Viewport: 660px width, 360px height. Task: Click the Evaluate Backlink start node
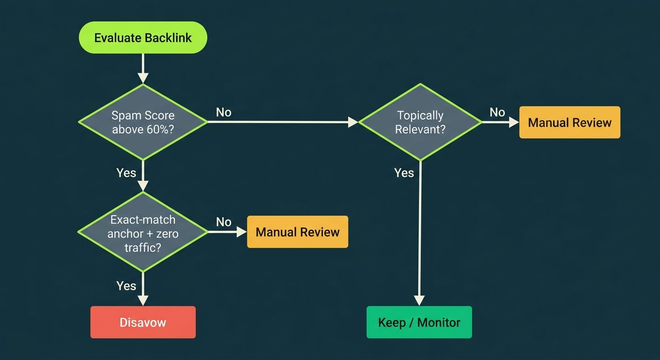[x=143, y=37]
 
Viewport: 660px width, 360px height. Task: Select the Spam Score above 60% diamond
[x=143, y=122]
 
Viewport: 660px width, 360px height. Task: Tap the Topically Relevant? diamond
[x=420, y=122]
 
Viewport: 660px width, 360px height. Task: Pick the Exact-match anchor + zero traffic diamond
[x=143, y=232]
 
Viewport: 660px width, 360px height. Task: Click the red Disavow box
[x=143, y=322]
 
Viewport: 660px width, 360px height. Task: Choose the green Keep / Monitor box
[x=419, y=322]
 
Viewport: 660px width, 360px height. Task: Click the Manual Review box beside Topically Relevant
[x=570, y=122]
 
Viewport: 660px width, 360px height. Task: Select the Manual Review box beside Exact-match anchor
[x=297, y=232]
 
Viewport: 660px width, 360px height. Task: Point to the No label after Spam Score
[x=224, y=112]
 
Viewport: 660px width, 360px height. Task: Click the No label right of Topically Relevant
[x=497, y=112]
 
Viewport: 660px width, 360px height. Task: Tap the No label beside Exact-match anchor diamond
[x=224, y=222]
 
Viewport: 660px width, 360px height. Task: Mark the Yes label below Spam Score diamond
[x=126, y=172]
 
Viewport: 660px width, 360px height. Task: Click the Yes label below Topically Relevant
[x=404, y=172]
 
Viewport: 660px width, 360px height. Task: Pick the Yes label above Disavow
[x=126, y=285]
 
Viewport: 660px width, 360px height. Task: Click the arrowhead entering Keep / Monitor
[x=419, y=300]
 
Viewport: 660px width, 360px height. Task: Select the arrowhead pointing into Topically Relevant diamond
[x=353, y=122]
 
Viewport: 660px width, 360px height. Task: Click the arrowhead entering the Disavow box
[x=143, y=300]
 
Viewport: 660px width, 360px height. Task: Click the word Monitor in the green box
[x=439, y=322]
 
